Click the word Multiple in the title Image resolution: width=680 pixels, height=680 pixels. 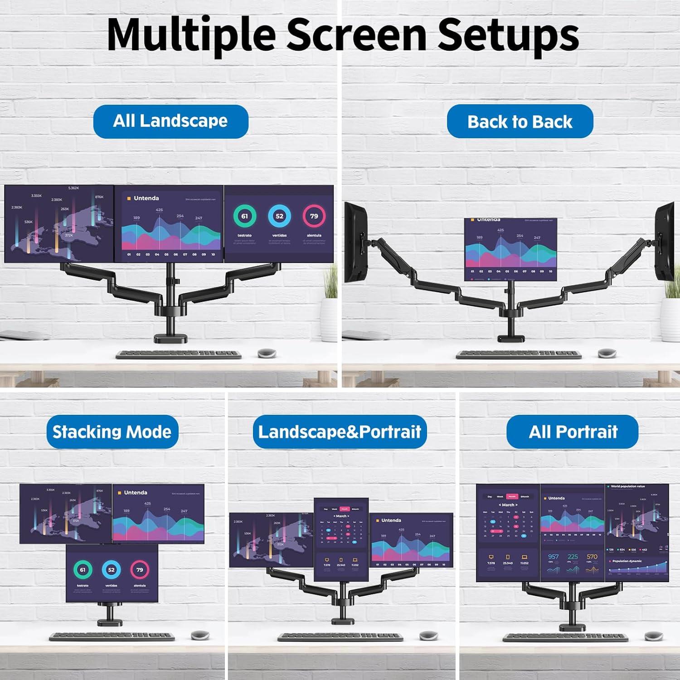pos(191,35)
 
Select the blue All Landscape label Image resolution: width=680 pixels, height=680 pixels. pos(170,121)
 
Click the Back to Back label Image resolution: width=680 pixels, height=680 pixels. pos(520,121)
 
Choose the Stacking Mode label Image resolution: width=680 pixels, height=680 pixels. pos(112,432)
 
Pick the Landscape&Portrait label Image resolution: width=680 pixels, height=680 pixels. pos(340,432)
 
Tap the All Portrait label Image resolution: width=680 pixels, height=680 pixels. pos(573,432)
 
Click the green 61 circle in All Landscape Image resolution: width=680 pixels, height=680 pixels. pos(244,216)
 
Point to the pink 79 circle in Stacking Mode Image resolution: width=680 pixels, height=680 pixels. pos(140,570)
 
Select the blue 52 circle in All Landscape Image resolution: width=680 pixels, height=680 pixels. pos(279,216)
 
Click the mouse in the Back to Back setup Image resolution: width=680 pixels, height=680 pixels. pos(607,353)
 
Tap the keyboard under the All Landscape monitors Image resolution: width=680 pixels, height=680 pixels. pos(179,354)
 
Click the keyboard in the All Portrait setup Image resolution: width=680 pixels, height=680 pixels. pos(565,637)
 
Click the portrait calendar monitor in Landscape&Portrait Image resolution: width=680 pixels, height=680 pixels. pos(341,539)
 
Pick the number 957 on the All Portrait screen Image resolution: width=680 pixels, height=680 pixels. pos(554,557)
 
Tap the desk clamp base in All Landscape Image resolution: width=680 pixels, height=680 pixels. pos(171,339)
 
